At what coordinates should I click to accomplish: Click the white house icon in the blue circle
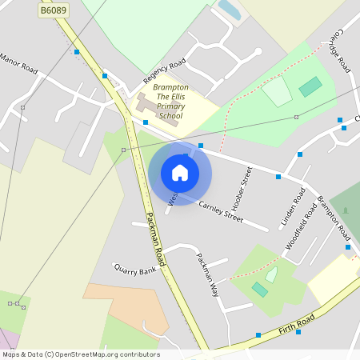click(x=180, y=172)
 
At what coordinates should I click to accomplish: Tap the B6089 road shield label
click(x=54, y=10)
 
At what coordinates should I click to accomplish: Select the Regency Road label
click(x=164, y=70)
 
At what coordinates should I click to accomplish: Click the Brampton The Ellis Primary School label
click(x=170, y=101)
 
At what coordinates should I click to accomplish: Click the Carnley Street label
click(x=220, y=211)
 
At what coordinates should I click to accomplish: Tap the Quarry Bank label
click(x=135, y=270)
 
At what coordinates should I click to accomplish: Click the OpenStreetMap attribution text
click(x=80, y=354)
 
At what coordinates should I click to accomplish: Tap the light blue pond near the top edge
click(x=229, y=10)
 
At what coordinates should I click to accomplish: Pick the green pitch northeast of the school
click(x=310, y=86)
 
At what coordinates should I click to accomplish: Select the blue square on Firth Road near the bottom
click(x=258, y=334)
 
